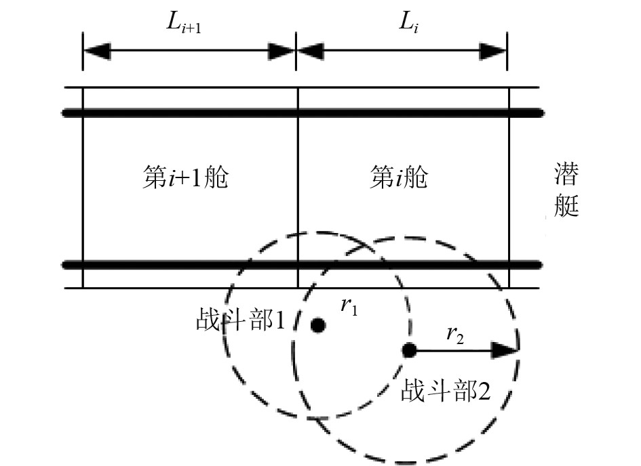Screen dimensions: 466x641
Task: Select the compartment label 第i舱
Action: tap(400, 179)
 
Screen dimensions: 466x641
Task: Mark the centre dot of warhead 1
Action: tap(317, 326)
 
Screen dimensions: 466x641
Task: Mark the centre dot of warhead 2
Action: tap(409, 350)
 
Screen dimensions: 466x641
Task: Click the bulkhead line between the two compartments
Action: tap(298, 190)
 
